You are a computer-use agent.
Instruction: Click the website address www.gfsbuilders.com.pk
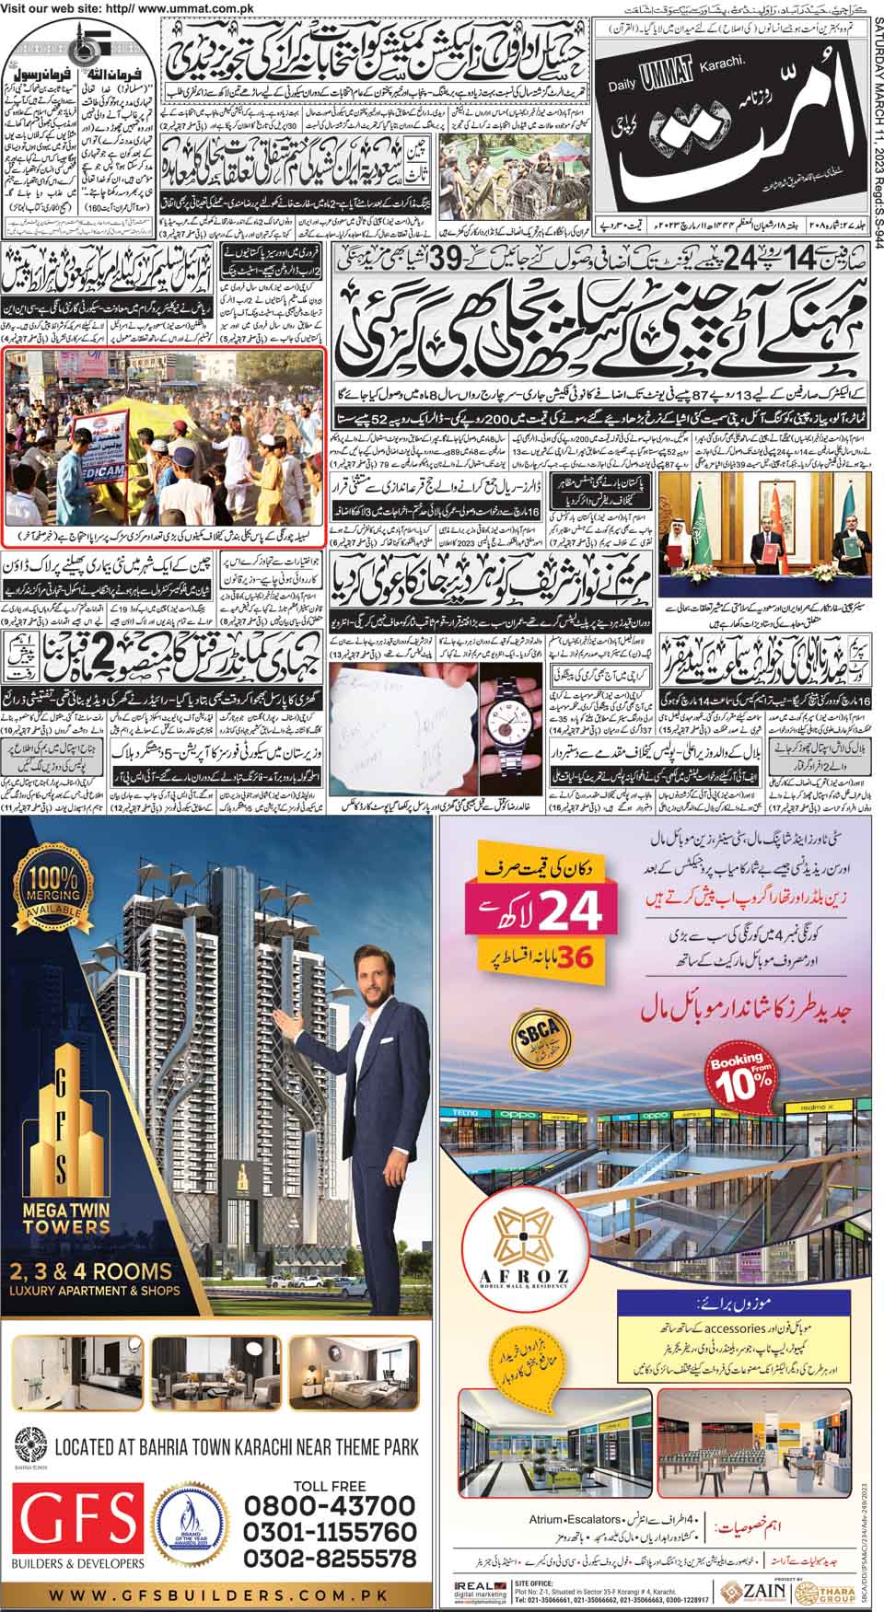(x=221, y=1595)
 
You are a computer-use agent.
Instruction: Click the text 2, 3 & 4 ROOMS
(x=91, y=1271)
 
